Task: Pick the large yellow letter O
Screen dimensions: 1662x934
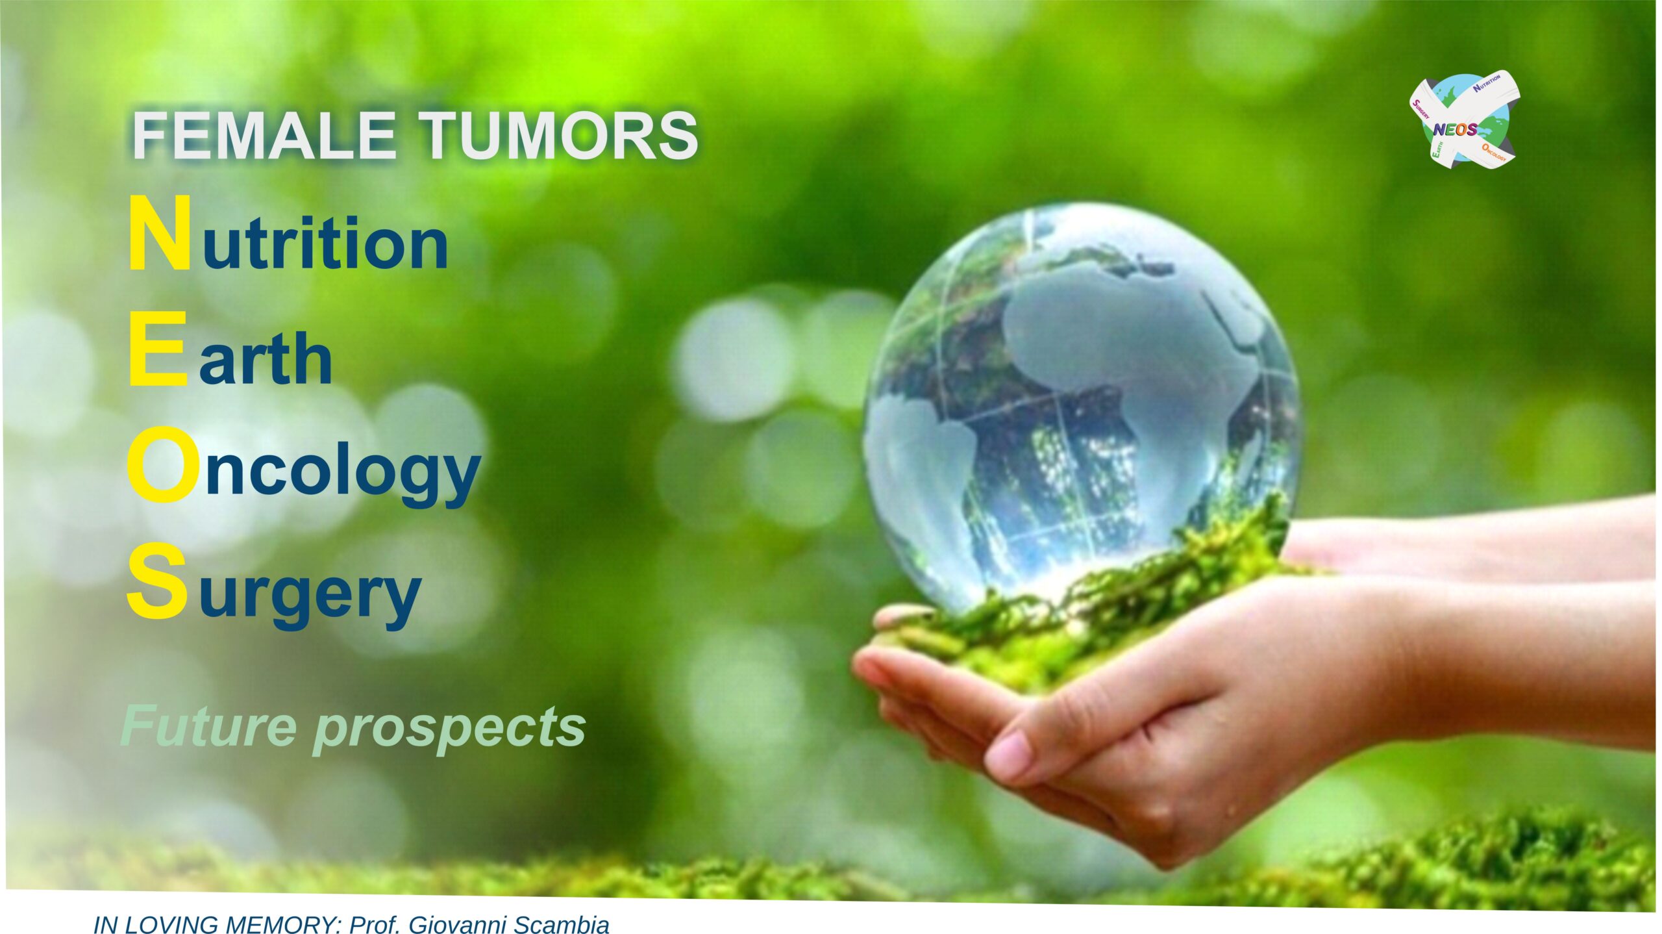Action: point(160,466)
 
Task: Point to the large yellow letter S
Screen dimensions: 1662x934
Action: point(156,581)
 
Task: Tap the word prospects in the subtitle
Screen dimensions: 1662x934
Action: point(450,730)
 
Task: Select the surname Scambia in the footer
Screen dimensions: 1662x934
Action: point(562,924)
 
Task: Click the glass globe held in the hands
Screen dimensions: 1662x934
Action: point(1081,409)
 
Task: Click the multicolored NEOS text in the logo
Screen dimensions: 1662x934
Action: point(1455,129)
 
